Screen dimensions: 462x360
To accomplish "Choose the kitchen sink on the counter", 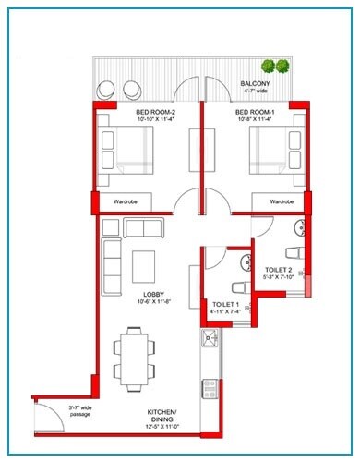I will (x=210, y=343).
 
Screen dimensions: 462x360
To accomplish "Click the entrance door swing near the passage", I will (x=49, y=416).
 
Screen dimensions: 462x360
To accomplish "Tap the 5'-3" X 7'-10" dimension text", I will (x=279, y=278).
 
